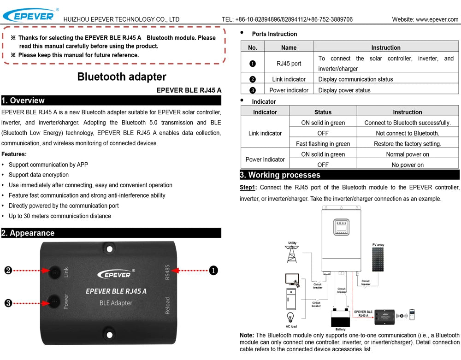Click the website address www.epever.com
[437, 19]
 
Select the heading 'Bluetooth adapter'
[122, 77]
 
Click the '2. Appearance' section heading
[28, 233]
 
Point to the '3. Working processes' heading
[280, 175]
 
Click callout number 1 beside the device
[213, 271]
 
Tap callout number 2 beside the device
[8, 271]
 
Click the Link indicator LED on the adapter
[55, 272]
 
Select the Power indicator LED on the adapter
[55, 302]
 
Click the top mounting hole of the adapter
[109, 249]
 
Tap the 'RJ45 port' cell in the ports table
[289, 64]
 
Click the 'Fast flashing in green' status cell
[323, 144]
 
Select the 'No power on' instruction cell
[407, 165]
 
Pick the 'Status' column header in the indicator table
[323, 112]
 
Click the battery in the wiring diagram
[340, 317]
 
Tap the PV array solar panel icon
[378, 260]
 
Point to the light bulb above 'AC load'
[291, 317]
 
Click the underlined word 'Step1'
[247, 188]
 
